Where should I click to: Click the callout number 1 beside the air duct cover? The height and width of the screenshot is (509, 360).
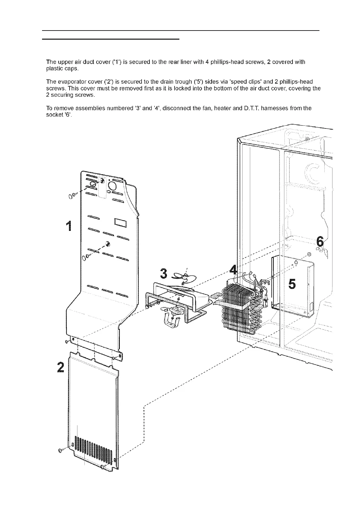click(x=70, y=226)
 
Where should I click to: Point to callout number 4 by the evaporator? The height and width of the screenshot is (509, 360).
click(x=233, y=270)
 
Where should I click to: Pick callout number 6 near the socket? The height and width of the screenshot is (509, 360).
click(x=319, y=242)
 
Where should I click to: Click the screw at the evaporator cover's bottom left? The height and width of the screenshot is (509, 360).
click(x=61, y=450)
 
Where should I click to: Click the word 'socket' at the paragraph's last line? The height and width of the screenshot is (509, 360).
click(x=53, y=115)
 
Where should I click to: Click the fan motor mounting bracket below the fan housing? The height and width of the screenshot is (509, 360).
click(x=171, y=322)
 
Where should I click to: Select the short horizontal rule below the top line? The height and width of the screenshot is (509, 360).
click(x=111, y=39)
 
